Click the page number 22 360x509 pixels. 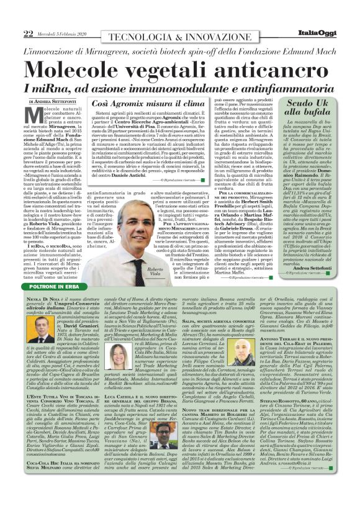click(x=27, y=16)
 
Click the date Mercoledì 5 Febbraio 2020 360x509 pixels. click(x=61, y=16)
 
